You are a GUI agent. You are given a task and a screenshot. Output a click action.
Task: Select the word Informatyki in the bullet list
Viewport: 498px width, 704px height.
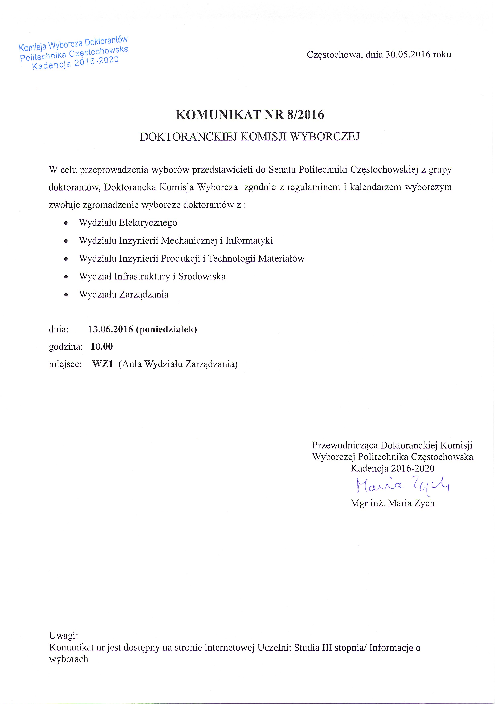pyautogui.click(x=249, y=240)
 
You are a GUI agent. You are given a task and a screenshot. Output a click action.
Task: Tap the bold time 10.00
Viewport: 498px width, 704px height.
pyautogui.click(x=102, y=347)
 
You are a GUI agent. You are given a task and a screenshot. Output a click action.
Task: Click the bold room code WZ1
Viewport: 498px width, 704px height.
pyautogui.click(x=102, y=364)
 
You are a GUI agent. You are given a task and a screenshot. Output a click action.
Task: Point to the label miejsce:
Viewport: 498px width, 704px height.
pyautogui.click(x=65, y=364)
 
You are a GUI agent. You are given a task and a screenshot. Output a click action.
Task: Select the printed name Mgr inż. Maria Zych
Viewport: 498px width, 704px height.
pyautogui.click(x=393, y=503)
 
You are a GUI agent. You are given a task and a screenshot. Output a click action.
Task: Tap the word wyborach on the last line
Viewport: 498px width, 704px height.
pyautogui.click(x=69, y=659)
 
